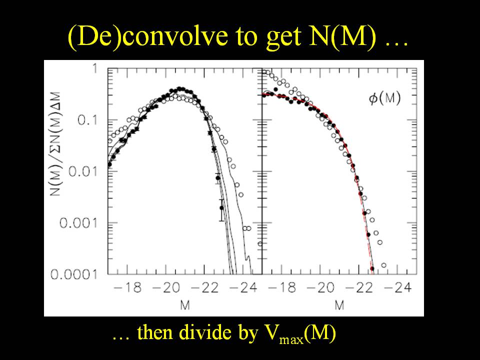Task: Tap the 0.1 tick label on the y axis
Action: pos(92,121)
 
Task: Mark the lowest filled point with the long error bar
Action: pos(222,208)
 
